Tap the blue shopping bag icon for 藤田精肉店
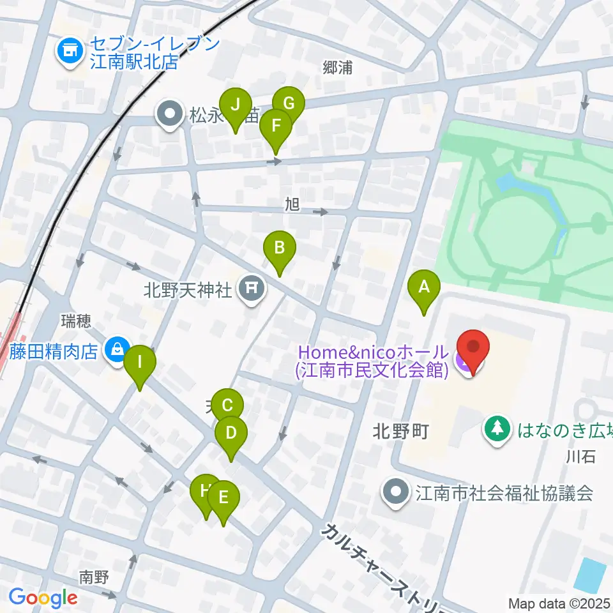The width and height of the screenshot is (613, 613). click(x=117, y=349)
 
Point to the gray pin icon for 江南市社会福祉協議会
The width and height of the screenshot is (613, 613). click(x=397, y=492)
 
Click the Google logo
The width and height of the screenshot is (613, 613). click(x=43, y=598)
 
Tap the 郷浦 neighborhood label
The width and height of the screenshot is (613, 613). click(x=338, y=68)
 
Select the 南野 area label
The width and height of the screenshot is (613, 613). click(x=94, y=577)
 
